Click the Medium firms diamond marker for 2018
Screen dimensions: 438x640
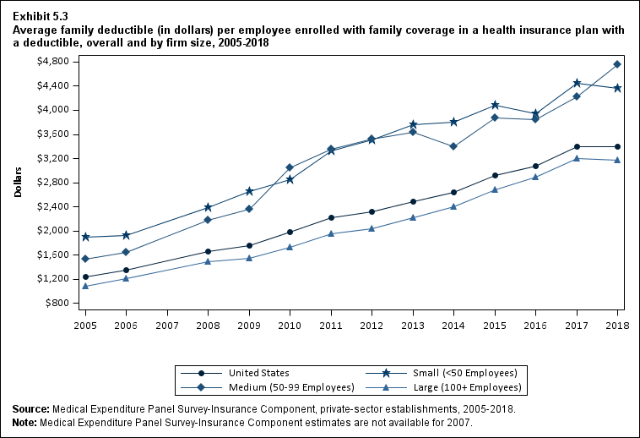[x=617, y=64]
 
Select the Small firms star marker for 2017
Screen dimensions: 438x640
[x=577, y=83]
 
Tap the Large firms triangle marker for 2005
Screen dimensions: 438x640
[x=85, y=286]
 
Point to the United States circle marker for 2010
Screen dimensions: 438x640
[x=290, y=232]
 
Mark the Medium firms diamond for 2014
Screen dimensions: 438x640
[x=453, y=146]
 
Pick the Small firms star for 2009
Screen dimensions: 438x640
[x=249, y=191]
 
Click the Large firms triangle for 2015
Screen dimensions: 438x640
[x=495, y=189]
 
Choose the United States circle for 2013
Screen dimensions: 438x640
[x=413, y=201]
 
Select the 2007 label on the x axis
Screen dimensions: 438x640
[x=167, y=325]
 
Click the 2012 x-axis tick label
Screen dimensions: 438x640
[x=372, y=325]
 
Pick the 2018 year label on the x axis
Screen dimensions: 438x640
[x=617, y=325]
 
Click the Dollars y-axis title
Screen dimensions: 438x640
[x=19, y=182]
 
